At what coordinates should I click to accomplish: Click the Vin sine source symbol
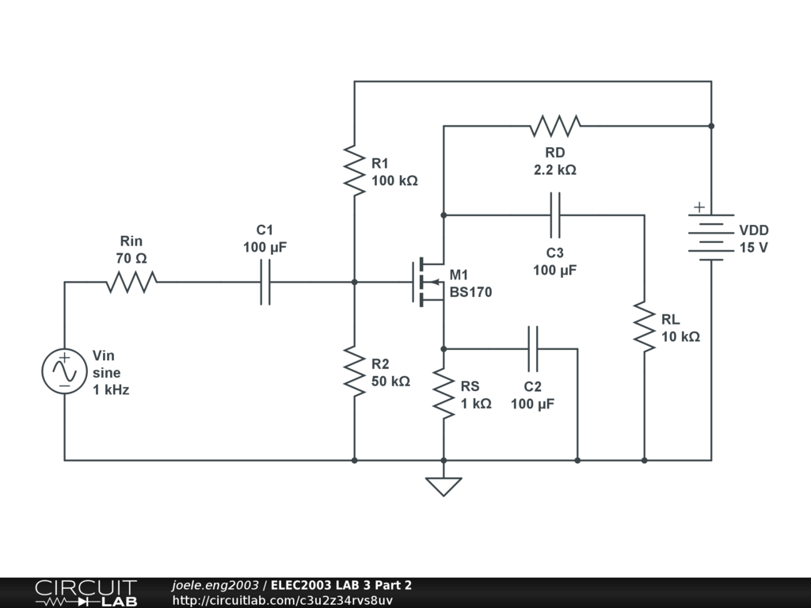click(x=64, y=371)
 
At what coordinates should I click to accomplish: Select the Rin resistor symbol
click(x=131, y=281)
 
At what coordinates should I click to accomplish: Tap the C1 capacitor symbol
click(x=265, y=281)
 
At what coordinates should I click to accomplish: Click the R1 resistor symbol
click(x=354, y=169)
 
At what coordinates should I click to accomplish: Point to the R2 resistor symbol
click(x=354, y=370)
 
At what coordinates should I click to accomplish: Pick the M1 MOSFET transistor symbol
click(x=428, y=281)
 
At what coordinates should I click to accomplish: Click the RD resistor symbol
click(x=555, y=125)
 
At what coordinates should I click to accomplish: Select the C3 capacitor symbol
click(x=554, y=215)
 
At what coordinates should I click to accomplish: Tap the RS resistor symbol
click(x=444, y=393)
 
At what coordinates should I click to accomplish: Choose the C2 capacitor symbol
click(x=532, y=348)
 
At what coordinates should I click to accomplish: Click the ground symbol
click(x=444, y=485)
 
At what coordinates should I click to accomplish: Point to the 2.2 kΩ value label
click(x=554, y=169)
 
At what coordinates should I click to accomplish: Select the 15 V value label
click(x=754, y=248)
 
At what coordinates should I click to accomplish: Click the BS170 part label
click(x=470, y=292)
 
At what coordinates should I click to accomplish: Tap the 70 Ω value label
click(x=131, y=258)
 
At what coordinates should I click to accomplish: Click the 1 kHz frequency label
click(x=111, y=389)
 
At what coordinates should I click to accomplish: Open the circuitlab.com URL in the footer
click(x=283, y=600)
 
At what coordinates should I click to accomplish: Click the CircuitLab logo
click(x=86, y=593)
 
